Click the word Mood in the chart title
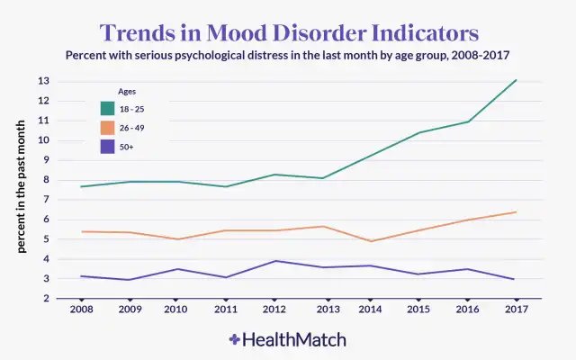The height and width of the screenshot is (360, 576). click(233, 32)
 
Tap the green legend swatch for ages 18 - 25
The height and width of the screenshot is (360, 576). click(107, 108)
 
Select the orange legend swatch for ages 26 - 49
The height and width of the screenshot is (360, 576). click(107, 128)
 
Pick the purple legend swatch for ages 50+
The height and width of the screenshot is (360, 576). click(107, 147)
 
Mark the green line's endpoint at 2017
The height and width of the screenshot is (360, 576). click(514, 80)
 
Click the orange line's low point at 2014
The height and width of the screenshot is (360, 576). click(371, 241)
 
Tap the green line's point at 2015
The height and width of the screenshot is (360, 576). click(418, 132)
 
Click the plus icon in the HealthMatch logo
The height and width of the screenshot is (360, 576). click(235, 340)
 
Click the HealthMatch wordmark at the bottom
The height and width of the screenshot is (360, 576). click(294, 340)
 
